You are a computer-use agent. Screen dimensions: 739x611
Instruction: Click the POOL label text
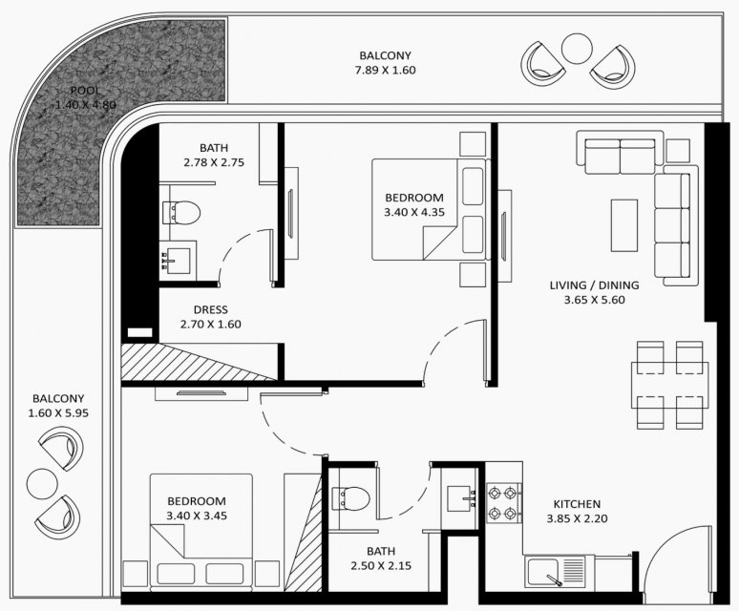(85, 91)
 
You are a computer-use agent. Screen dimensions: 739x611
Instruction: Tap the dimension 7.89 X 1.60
(385, 71)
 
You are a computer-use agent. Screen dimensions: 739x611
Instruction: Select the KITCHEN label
(577, 504)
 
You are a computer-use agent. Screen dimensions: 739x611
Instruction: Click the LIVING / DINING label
(594, 285)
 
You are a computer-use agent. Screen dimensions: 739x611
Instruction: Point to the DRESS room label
(211, 309)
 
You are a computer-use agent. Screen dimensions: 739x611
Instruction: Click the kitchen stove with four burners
(504, 503)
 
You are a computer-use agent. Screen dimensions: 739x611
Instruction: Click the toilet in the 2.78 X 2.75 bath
(181, 213)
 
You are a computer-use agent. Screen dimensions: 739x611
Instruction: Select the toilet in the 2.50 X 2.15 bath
(350, 498)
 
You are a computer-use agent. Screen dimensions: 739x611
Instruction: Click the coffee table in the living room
(624, 225)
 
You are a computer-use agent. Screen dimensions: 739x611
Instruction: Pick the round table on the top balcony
(577, 49)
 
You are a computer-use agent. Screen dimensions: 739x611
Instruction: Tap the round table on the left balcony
(42, 484)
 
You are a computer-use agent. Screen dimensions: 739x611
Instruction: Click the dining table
(669, 385)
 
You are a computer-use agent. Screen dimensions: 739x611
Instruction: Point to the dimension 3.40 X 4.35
(414, 212)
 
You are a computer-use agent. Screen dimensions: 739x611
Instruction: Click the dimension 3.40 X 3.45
(197, 516)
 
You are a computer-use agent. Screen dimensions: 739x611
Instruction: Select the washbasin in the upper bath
(177, 261)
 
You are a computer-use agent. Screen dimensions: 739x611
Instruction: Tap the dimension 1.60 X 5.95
(58, 413)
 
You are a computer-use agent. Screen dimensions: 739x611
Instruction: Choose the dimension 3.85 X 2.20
(577, 518)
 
